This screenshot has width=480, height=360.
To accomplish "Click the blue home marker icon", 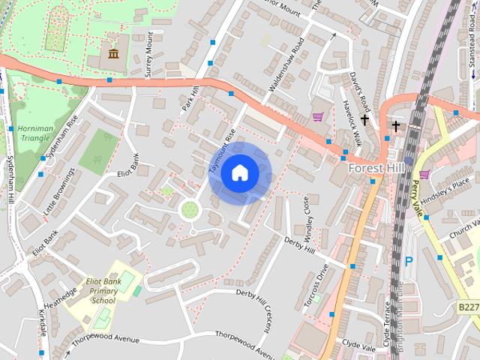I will [x=239, y=173].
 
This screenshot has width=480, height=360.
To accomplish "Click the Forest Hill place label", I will [x=377, y=169].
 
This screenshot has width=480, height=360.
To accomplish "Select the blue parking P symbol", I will [x=409, y=261].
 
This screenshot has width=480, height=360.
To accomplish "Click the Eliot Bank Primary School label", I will [x=103, y=291].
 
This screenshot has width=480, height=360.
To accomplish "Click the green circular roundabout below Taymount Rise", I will [x=190, y=209].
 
